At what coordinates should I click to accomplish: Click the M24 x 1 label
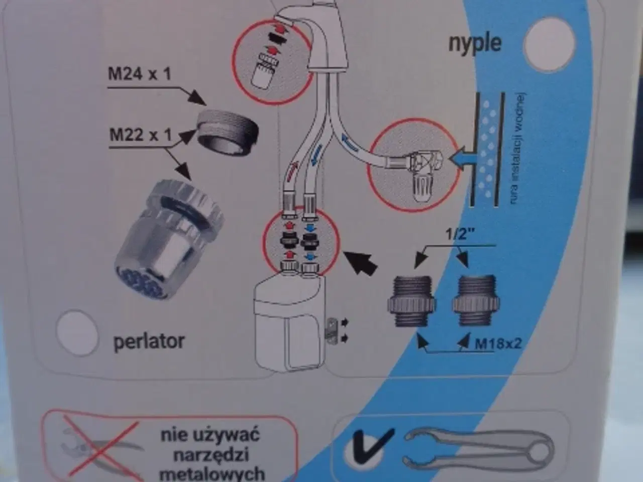point(140,74)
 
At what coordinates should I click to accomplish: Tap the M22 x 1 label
point(141,135)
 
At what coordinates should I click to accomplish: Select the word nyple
point(475,43)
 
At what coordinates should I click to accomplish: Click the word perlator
point(149,342)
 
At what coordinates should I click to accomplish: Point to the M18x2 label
point(498,344)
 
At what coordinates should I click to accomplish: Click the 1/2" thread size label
point(460,234)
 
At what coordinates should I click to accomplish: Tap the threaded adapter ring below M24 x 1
point(227,134)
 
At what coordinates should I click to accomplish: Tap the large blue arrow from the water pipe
point(460,159)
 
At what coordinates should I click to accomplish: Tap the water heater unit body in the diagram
point(286,321)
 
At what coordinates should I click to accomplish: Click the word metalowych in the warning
point(212,472)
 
